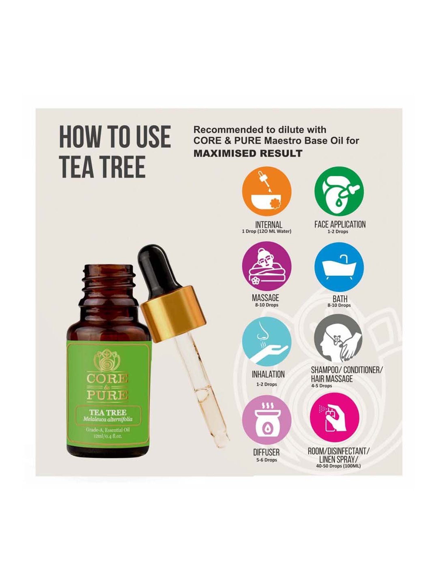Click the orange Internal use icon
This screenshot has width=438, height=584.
click(267, 192)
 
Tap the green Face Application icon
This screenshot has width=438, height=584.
click(339, 192)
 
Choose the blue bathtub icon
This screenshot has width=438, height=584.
click(339, 266)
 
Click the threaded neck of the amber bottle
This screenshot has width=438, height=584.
click(109, 282)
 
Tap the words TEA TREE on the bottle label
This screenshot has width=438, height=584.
click(108, 412)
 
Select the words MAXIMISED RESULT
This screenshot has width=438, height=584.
click(248, 153)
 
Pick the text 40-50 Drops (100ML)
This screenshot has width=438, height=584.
click(338, 466)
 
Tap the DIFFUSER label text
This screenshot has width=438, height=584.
click(266, 453)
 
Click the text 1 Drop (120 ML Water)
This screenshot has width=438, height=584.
click(266, 231)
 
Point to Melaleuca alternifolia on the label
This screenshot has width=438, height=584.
click(108, 419)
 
